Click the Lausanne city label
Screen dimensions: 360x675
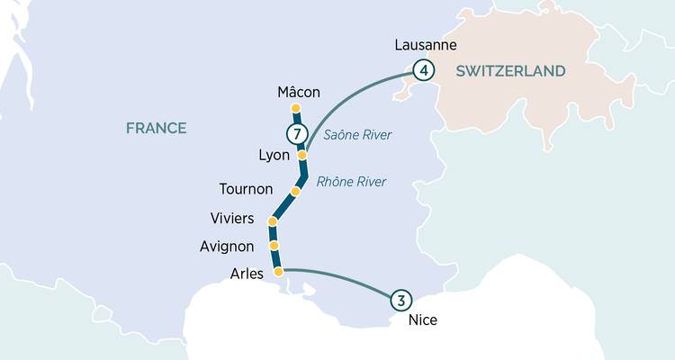pos(427,45)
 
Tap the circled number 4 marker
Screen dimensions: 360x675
pos(423,69)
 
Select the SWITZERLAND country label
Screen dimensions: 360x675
pos(510,70)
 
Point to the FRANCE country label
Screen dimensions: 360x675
pos(156,128)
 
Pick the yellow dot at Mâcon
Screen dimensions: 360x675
pos(295,110)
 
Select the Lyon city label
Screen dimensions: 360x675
pos(274,155)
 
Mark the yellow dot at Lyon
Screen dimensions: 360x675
pos(302,156)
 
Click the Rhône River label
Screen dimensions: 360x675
pos(351,182)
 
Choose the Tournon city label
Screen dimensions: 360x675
pos(246,189)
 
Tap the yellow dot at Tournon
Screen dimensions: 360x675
pos(295,192)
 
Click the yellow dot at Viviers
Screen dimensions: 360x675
pos(273,221)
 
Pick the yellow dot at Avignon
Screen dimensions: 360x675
pos(274,245)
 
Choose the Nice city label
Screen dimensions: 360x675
pos(422,319)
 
